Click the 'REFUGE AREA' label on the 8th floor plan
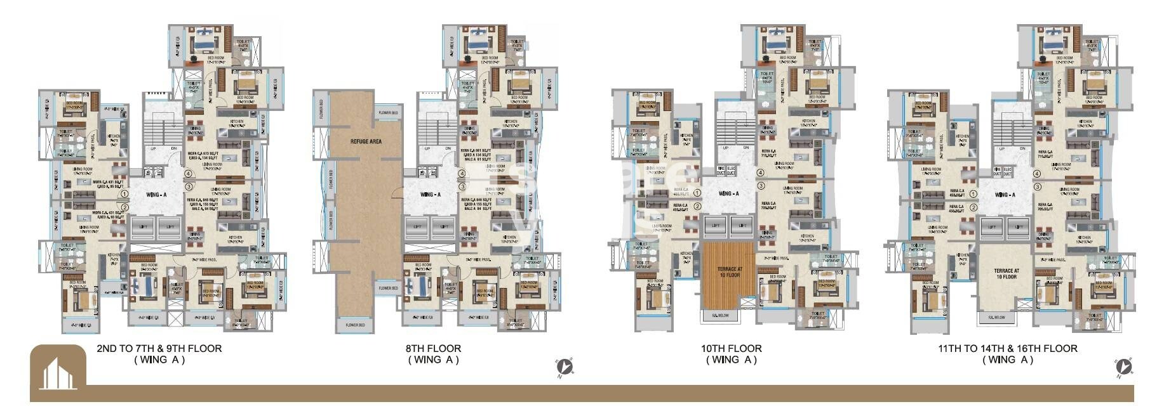tap(366, 141)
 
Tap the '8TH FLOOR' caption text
tap(433, 348)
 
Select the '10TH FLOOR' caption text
tap(731, 348)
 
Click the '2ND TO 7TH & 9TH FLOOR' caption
tap(159, 348)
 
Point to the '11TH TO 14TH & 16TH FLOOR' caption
tap(1007, 348)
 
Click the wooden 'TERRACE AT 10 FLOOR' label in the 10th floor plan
tap(730, 272)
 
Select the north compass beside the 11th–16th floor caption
tap(1124, 367)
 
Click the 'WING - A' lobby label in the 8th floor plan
tap(431, 195)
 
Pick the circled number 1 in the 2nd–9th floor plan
tap(125, 195)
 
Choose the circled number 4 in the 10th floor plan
tap(760, 173)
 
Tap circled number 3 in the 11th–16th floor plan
tap(1037, 187)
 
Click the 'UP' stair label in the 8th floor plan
tap(427, 148)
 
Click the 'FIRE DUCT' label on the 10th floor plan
tap(720, 171)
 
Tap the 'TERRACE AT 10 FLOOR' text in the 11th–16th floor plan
tap(1006, 273)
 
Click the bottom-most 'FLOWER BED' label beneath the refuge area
tap(355, 325)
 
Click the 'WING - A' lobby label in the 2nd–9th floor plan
tap(156, 195)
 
